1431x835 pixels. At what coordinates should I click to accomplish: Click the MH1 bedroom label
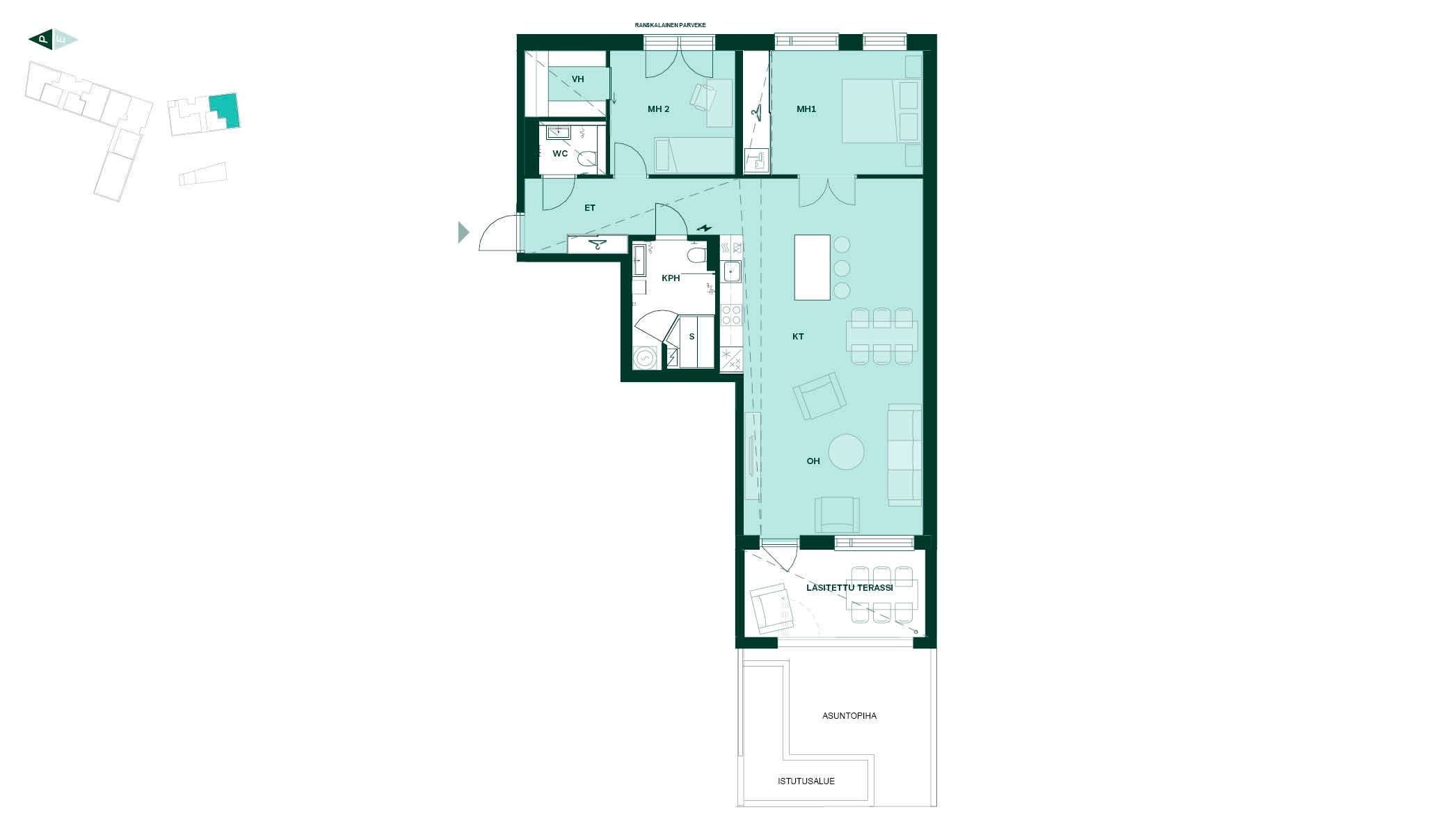click(x=806, y=109)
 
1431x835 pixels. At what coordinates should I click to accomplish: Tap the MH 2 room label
click(x=658, y=109)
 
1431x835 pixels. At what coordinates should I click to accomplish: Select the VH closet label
click(x=577, y=79)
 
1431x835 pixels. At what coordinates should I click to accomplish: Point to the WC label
click(x=560, y=154)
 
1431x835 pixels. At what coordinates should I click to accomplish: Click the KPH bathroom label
click(x=671, y=278)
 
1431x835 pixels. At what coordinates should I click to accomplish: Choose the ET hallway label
click(x=590, y=208)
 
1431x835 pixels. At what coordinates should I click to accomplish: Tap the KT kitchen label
click(x=798, y=337)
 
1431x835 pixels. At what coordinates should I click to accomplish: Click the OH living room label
click(x=813, y=461)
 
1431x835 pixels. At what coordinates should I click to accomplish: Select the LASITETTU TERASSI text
click(x=849, y=588)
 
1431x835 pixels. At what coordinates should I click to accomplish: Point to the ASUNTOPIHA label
click(x=849, y=716)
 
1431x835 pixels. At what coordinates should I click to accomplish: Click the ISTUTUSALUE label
click(x=806, y=781)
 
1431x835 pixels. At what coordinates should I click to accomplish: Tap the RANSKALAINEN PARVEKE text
click(x=670, y=25)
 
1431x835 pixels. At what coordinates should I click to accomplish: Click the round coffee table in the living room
click(x=847, y=452)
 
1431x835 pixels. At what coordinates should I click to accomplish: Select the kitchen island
click(x=813, y=267)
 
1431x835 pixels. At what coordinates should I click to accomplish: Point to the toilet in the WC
click(x=587, y=161)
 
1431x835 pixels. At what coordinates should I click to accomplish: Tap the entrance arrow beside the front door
click(x=464, y=232)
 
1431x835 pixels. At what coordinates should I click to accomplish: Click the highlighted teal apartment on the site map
click(x=225, y=111)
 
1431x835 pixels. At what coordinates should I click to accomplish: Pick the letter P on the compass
click(x=43, y=40)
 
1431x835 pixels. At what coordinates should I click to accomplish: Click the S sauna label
click(x=691, y=337)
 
